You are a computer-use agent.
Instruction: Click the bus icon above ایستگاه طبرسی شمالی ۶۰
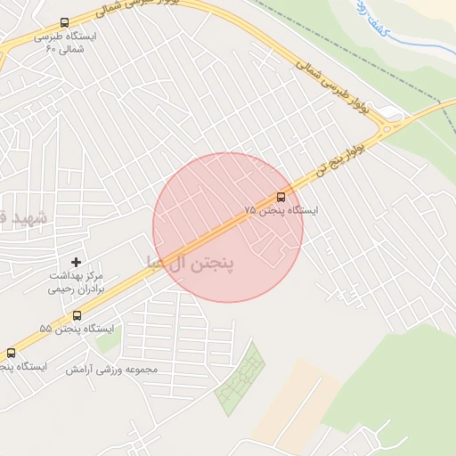[x=64, y=22]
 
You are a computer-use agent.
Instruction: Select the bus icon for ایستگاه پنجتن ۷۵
[x=281, y=196]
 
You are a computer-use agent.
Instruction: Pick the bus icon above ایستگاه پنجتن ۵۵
[x=77, y=314]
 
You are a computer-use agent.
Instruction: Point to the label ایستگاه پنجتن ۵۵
[x=77, y=330]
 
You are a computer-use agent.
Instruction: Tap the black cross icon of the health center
[x=76, y=262]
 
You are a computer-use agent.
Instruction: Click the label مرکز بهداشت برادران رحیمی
[x=76, y=283]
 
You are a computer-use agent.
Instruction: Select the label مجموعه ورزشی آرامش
[x=111, y=369]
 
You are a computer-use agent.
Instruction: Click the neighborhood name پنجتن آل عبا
[x=189, y=265]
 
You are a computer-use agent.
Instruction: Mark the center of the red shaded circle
[x=228, y=227]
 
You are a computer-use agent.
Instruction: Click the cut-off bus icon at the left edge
[x=11, y=353]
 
